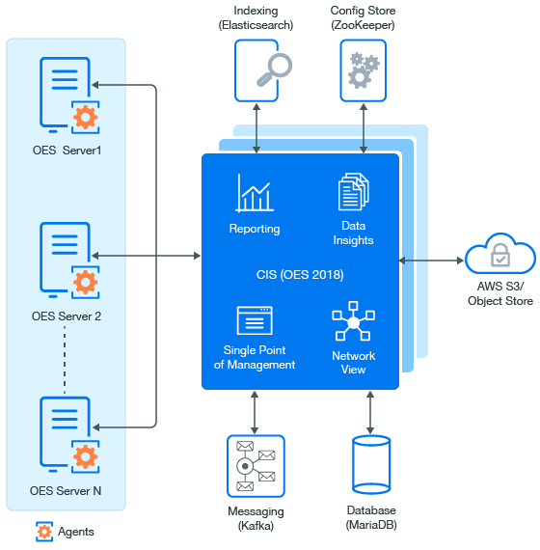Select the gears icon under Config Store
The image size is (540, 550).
364,70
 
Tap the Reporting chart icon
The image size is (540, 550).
255,193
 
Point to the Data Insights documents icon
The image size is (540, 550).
354,191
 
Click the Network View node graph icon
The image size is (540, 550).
354,321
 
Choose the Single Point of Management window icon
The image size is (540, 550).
255,320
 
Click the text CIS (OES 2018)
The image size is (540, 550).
300,275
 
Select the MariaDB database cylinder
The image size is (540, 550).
371,465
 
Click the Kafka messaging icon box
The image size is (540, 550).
256,466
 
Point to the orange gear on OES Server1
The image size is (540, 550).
85,117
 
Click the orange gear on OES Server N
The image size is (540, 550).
85,456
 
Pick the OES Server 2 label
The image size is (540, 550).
67,316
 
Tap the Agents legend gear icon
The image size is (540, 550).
44,532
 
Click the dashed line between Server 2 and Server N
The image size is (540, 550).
65,360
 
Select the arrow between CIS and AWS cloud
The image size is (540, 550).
431,261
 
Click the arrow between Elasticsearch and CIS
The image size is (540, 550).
256,128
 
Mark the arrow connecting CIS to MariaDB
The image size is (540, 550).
370,413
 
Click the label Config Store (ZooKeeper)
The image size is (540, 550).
363,18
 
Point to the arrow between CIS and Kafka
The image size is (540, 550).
255,413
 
